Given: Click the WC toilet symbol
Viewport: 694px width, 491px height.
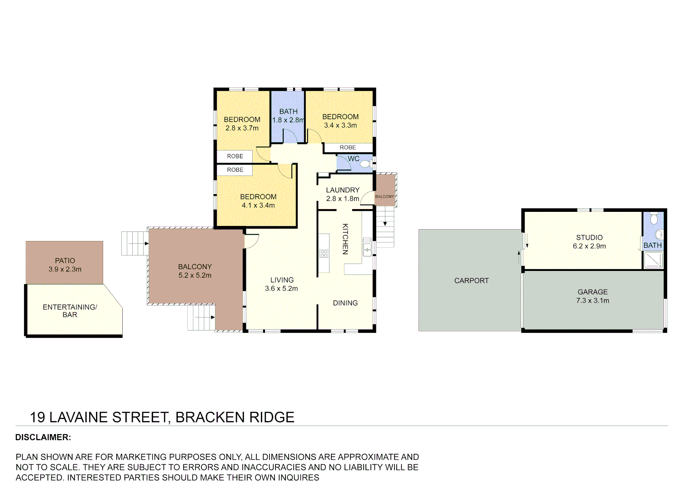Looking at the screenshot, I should click(x=365, y=164).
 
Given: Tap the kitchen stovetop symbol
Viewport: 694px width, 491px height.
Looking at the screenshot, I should click(x=324, y=253).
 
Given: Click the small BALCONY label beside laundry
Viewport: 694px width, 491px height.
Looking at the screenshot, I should click(x=384, y=196).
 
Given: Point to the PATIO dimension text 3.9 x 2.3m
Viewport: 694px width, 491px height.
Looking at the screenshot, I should click(x=65, y=269).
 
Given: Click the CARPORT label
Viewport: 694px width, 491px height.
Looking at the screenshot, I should click(x=471, y=281).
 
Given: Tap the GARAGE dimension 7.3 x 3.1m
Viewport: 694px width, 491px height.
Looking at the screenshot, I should click(x=593, y=301).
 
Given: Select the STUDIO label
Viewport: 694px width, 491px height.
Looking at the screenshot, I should click(x=589, y=237).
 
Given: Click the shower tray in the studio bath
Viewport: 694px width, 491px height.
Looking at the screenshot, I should click(x=654, y=260).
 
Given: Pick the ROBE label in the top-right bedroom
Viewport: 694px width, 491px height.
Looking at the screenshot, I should click(x=348, y=147).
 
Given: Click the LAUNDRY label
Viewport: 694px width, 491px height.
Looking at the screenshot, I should click(x=343, y=190).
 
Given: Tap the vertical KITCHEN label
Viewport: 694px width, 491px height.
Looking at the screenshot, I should click(x=345, y=239).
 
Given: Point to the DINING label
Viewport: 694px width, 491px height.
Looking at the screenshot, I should click(x=345, y=303).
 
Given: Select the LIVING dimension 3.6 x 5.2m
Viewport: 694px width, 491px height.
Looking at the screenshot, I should click(x=281, y=288).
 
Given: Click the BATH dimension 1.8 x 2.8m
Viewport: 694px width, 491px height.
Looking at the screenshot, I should click(x=288, y=120).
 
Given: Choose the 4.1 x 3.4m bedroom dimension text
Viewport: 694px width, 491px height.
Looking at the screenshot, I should click(x=258, y=205).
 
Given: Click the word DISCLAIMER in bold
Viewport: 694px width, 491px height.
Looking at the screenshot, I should click(x=43, y=437).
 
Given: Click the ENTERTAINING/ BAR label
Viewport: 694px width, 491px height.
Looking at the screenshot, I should click(x=70, y=311).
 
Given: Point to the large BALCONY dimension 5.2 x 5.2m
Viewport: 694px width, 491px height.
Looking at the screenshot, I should click(x=195, y=276).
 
